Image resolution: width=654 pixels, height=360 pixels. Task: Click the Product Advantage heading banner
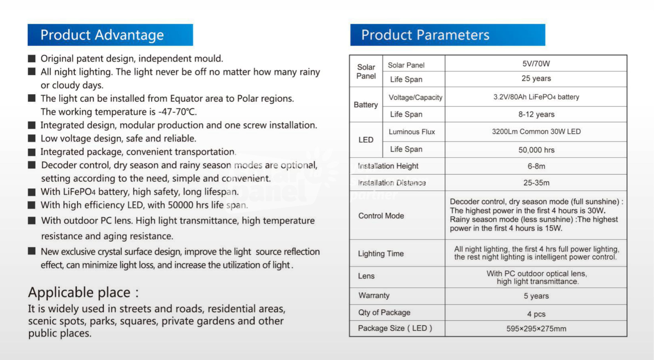(110, 35)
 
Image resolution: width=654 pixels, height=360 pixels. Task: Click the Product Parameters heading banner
(448, 35)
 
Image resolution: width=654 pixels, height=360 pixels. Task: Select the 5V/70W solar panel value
(536, 64)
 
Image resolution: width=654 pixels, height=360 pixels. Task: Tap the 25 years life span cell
(536, 78)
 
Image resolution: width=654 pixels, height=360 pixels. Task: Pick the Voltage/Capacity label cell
(415, 97)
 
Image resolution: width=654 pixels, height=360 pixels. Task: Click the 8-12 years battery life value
(536, 114)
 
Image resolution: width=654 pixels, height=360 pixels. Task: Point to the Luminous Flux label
(412, 132)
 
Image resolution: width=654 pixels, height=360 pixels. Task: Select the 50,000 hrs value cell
(536, 150)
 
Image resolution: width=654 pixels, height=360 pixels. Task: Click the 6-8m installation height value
(536, 166)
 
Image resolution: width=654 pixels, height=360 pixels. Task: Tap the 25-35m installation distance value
(536, 183)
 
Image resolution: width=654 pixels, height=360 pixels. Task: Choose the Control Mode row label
(381, 216)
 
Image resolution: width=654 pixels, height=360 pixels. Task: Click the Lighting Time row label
(381, 254)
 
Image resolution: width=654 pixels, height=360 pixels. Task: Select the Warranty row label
(374, 295)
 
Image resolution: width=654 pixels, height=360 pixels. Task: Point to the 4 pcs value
(536, 314)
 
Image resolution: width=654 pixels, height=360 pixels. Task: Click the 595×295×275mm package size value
(536, 329)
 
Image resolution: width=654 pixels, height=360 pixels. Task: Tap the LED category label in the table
(366, 140)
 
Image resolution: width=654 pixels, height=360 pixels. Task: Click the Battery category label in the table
(366, 105)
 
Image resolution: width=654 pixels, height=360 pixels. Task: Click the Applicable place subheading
(83, 292)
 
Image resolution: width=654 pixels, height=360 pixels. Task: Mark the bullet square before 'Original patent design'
(32, 58)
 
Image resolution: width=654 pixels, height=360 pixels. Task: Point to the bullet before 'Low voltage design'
(32, 138)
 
